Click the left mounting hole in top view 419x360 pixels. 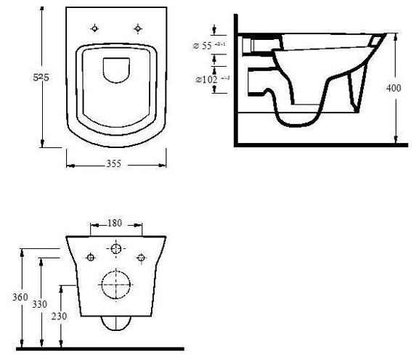click(x=96, y=28)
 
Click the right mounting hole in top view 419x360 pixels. click(x=137, y=28)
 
